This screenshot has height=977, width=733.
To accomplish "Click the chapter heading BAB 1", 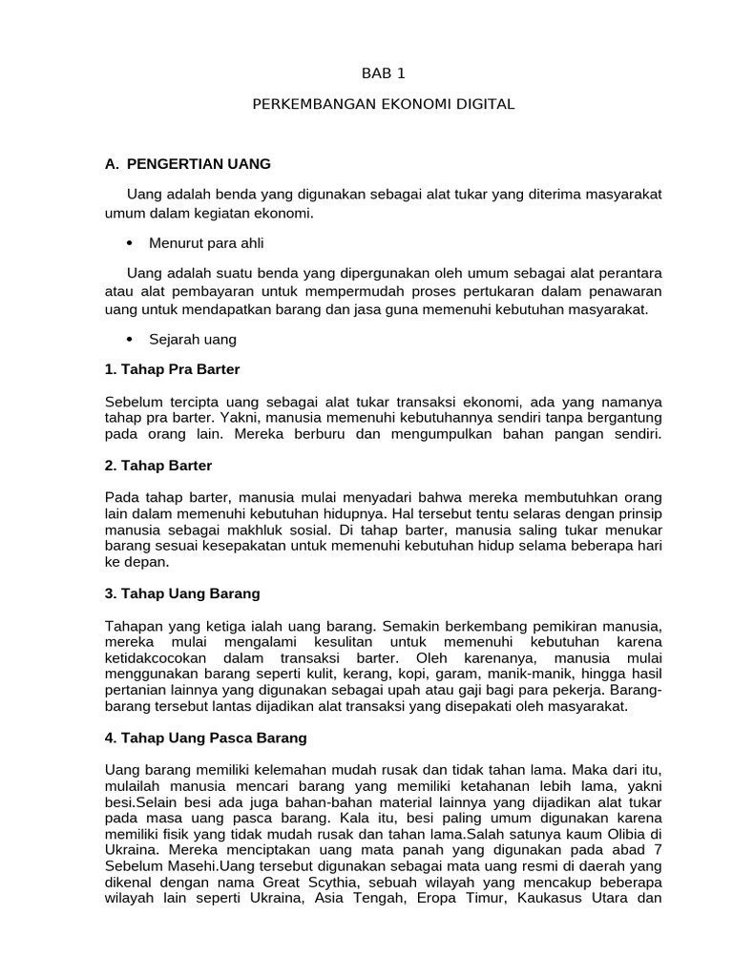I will [x=383, y=72].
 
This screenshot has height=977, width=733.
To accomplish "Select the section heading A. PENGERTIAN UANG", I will [x=188, y=163].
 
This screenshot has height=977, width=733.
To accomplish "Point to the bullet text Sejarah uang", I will [x=193, y=339].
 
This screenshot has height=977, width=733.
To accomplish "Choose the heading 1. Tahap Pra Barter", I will [x=173, y=368].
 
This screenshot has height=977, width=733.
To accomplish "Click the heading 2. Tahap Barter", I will [x=158, y=465].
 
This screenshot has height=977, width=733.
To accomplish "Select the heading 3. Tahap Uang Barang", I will [x=182, y=592].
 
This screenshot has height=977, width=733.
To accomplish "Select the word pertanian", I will [x=136, y=691].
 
